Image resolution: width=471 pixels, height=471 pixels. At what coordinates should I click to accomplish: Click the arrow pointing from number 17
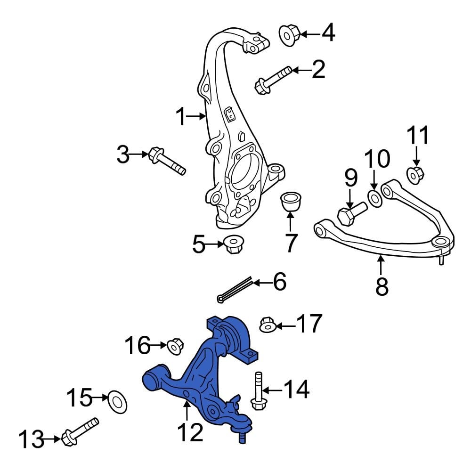285,325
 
